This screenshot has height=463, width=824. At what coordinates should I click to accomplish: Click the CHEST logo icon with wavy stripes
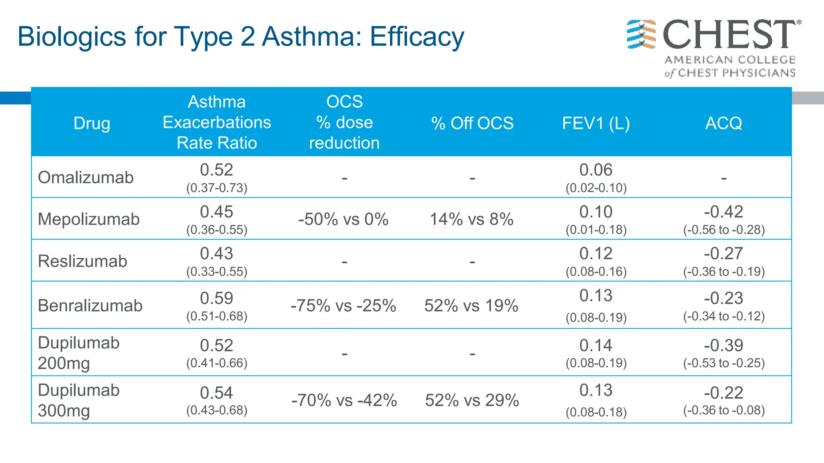(x=641, y=34)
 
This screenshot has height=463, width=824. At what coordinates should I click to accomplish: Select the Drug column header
(x=92, y=123)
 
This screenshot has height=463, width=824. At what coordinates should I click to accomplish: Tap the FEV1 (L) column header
(x=596, y=123)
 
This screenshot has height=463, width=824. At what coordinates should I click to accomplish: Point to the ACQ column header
(x=723, y=123)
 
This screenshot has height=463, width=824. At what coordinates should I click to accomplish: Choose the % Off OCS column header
(x=472, y=123)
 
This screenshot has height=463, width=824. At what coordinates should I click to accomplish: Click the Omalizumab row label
(x=86, y=177)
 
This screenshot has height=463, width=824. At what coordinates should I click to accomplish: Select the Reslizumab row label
(x=82, y=261)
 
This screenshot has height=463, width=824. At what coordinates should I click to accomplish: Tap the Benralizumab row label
(x=90, y=305)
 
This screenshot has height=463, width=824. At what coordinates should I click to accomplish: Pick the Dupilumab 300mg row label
(x=79, y=400)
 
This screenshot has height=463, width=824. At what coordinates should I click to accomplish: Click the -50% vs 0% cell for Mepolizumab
(x=343, y=219)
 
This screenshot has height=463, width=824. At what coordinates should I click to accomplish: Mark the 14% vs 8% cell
(x=472, y=219)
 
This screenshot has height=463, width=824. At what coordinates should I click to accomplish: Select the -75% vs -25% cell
(x=343, y=305)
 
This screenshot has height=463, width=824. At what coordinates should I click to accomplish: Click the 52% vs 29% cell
(x=472, y=400)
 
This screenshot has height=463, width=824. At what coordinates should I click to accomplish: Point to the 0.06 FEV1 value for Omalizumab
(x=596, y=170)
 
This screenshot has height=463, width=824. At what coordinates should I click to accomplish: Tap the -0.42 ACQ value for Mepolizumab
(x=723, y=212)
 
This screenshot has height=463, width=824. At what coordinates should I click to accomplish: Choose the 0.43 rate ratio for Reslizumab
(x=216, y=254)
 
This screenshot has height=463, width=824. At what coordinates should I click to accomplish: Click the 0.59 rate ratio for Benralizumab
(x=216, y=298)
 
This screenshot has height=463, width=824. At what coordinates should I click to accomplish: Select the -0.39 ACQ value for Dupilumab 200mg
(x=723, y=346)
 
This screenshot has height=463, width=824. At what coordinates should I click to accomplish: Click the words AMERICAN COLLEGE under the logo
(x=730, y=60)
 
